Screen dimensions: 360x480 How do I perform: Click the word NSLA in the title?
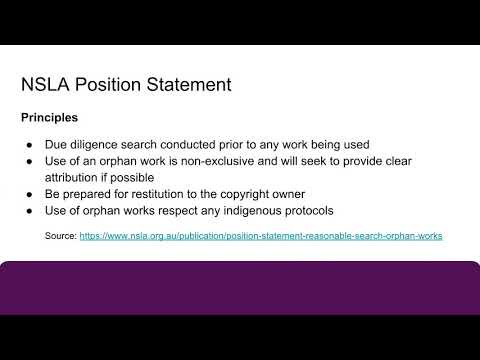46,84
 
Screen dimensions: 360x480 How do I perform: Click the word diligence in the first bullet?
102,144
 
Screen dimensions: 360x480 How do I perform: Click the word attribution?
76,176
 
